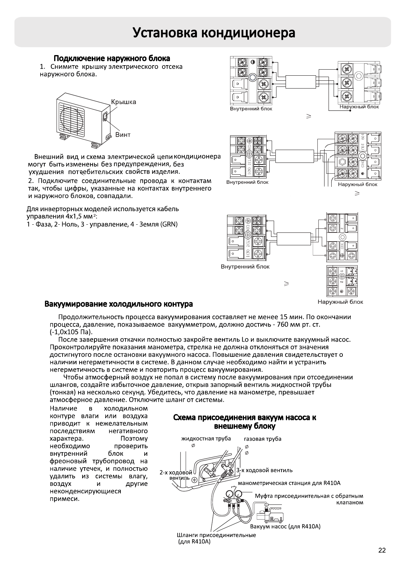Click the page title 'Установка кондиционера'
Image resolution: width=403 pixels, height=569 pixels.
tap(214, 33)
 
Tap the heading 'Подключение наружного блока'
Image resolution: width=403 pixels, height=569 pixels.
tap(112, 58)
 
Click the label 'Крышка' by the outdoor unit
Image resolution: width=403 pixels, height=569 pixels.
tap(124, 102)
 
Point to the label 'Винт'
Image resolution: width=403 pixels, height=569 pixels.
tap(123, 135)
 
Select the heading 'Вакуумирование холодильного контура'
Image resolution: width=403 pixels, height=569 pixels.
tap(118, 304)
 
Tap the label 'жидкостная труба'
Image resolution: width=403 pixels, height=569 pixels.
tap(206, 439)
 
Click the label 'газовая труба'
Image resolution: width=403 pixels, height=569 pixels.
tap(263, 439)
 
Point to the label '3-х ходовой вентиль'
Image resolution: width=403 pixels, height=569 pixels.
tap(264, 470)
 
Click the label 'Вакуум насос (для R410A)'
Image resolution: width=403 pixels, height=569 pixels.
tap(285, 526)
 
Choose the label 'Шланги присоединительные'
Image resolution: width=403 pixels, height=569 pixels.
tap(216, 535)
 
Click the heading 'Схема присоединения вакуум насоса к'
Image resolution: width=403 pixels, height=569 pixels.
tap(245, 418)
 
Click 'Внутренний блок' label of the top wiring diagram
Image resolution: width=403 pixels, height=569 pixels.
tap(251, 109)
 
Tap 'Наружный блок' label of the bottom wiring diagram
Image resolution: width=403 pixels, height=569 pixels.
tap(340, 302)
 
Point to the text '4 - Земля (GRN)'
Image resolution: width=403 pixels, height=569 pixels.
tap(156, 224)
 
